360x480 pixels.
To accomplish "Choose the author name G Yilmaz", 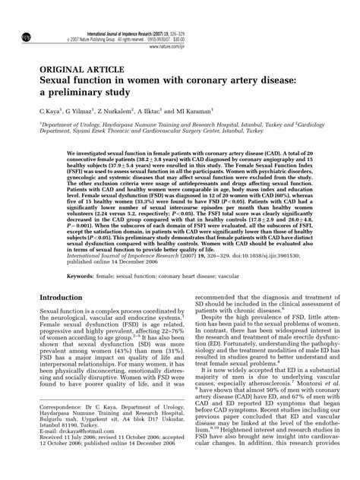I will tap(85, 110).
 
